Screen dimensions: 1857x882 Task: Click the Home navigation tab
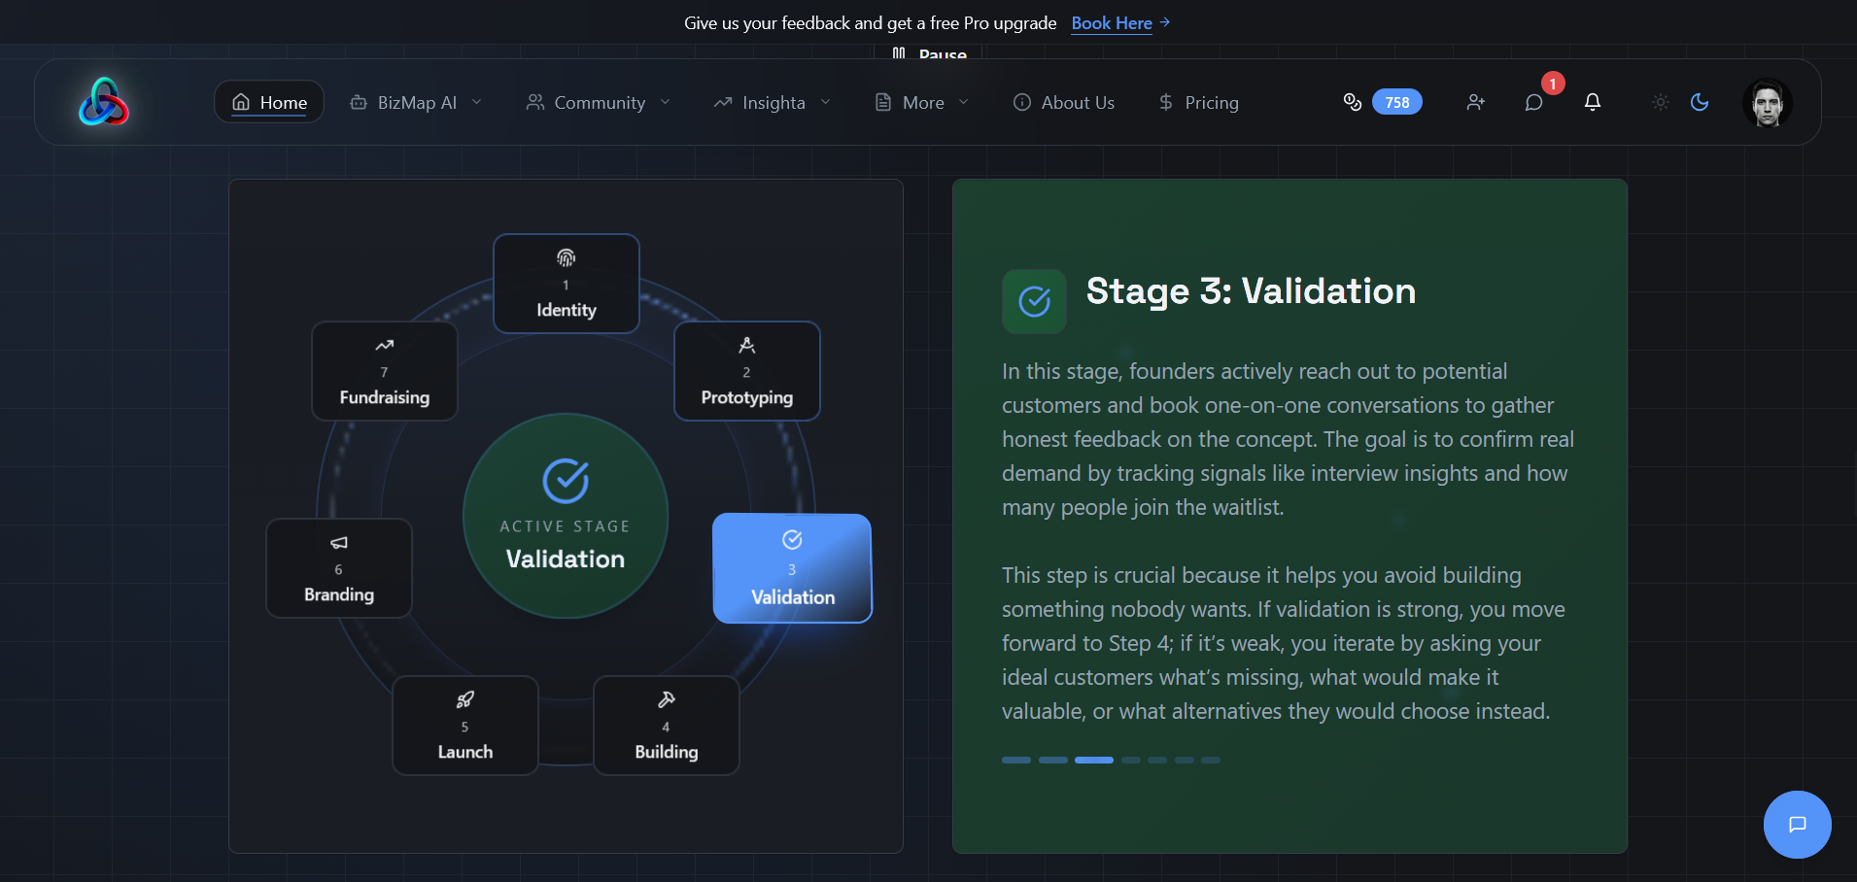point(269,102)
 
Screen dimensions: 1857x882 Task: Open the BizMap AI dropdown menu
point(416,102)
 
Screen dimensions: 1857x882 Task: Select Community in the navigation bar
point(599,102)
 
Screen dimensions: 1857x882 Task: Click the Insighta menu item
point(773,102)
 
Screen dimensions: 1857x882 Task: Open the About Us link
point(1064,102)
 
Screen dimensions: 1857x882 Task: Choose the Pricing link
point(1199,102)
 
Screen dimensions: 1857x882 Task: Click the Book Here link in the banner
point(1120,22)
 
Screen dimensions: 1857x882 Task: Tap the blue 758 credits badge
point(1397,102)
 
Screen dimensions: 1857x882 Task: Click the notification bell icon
point(1593,102)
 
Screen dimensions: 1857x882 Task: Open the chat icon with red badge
point(1534,102)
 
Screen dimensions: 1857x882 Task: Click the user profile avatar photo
point(1768,102)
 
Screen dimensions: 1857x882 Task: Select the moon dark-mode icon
point(1700,102)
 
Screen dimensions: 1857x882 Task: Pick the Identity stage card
point(567,284)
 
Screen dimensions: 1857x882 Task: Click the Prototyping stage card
point(747,371)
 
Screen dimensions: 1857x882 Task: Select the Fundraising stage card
point(385,371)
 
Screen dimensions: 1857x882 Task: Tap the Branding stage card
point(339,568)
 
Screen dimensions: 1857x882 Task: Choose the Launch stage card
point(465,726)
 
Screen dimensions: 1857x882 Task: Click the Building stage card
point(667,726)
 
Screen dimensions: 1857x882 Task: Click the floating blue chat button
point(1798,825)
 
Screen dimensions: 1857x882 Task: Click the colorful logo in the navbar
point(104,102)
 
